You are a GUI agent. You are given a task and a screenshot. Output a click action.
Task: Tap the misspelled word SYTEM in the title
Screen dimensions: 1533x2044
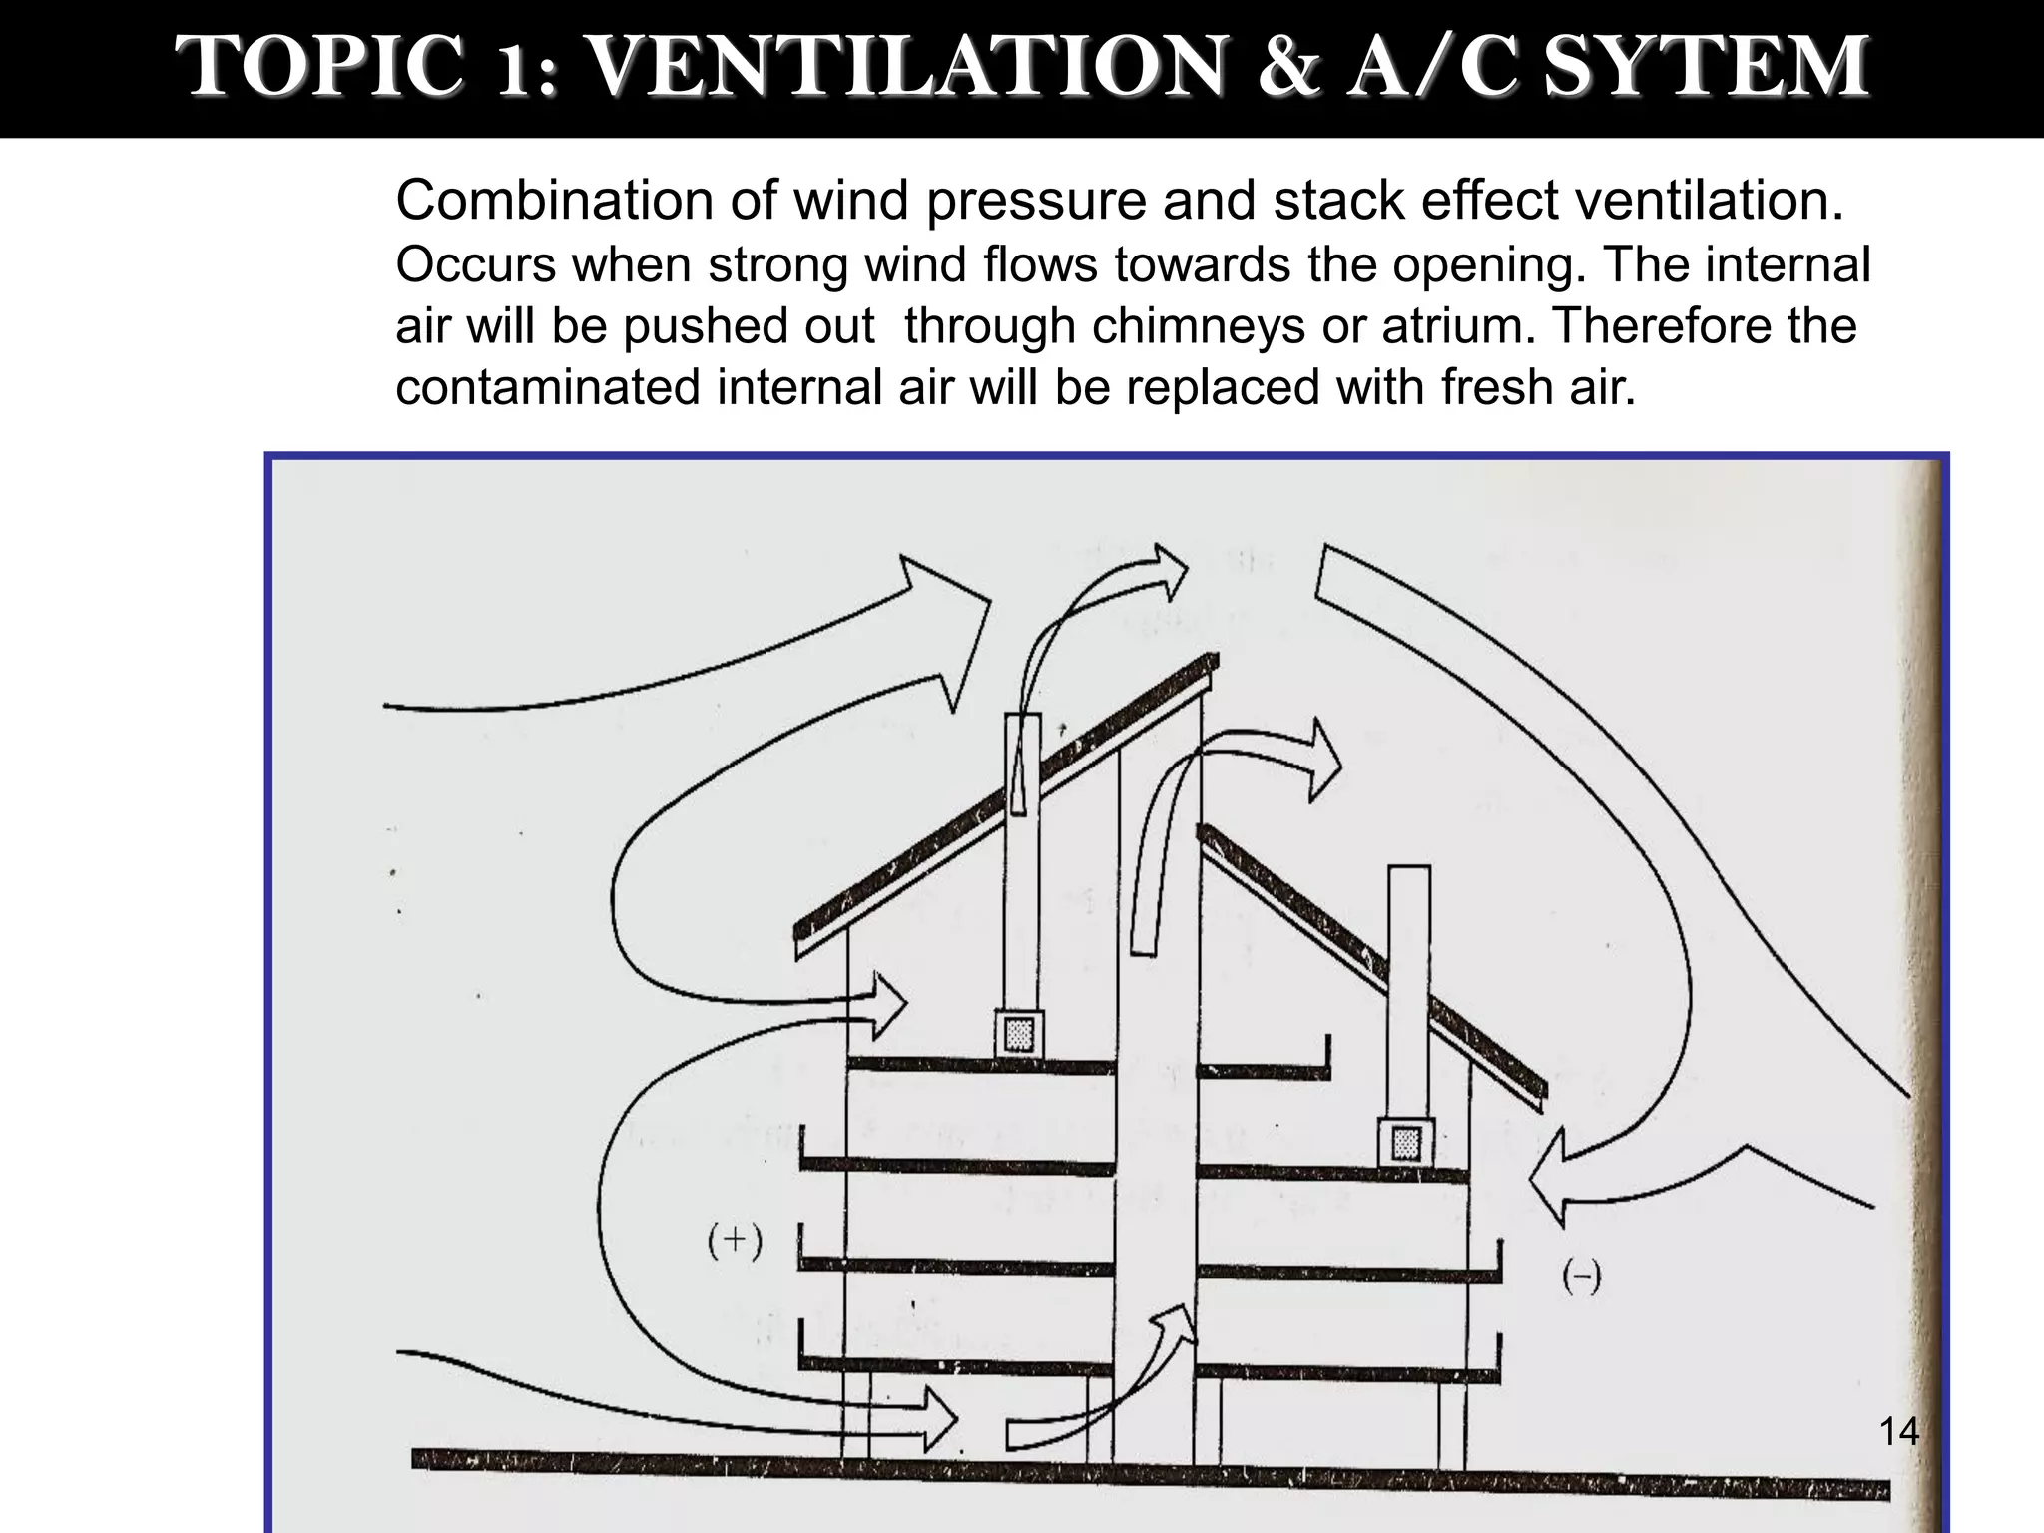pos(1707,66)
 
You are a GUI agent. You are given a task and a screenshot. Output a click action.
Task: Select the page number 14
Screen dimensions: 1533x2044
pos(1898,1431)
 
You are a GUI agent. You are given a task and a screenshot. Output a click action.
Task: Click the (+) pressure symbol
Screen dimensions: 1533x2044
pos(735,1241)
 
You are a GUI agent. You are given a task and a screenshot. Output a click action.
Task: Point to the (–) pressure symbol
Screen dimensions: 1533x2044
pos(1581,1277)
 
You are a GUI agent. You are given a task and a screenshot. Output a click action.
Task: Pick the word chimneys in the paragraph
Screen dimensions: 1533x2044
pos(1198,326)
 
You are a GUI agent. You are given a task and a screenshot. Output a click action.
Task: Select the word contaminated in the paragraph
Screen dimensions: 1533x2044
pos(547,387)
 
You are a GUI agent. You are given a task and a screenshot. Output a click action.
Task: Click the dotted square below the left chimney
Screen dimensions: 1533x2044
pos(1019,1034)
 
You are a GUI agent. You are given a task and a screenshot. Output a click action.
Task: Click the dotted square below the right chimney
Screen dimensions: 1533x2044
pos(1406,1143)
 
